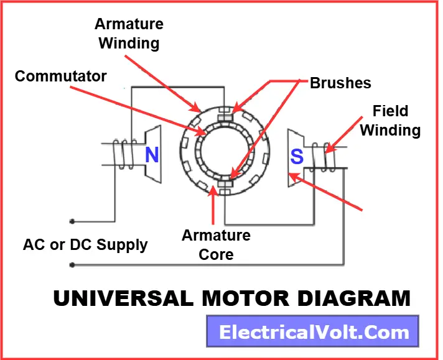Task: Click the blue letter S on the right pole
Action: point(297,156)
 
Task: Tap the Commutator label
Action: point(61,76)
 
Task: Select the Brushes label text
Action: point(340,83)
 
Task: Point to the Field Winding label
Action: point(390,121)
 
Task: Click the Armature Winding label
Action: point(129,34)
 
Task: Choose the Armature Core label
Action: point(216,245)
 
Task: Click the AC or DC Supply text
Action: point(85,244)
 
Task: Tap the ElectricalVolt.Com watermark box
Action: point(312,333)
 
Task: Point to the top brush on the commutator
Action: point(225,115)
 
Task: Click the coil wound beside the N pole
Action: point(123,155)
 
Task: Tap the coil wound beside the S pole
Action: point(325,157)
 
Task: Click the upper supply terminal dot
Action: point(72,221)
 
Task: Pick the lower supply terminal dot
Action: point(72,265)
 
